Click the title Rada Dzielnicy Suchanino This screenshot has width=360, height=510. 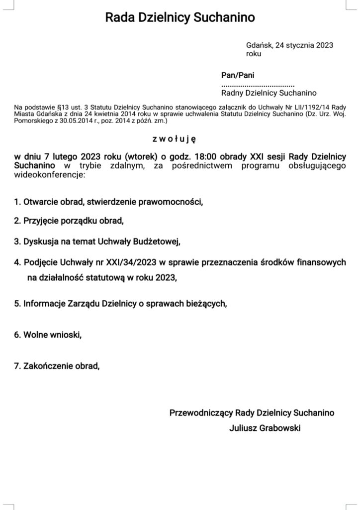tap(180, 18)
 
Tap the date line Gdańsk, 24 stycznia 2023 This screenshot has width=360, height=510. tap(289, 45)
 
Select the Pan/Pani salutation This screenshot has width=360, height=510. tap(234, 75)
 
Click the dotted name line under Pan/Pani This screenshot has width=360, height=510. tap(258, 84)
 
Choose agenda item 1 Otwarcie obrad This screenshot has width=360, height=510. tap(108, 202)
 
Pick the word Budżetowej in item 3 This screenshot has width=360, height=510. tap(154, 242)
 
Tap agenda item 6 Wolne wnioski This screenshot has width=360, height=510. tap(48, 334)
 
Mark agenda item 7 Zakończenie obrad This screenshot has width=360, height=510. tap(57, 366)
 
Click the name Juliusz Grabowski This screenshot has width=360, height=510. tap(265, 427)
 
